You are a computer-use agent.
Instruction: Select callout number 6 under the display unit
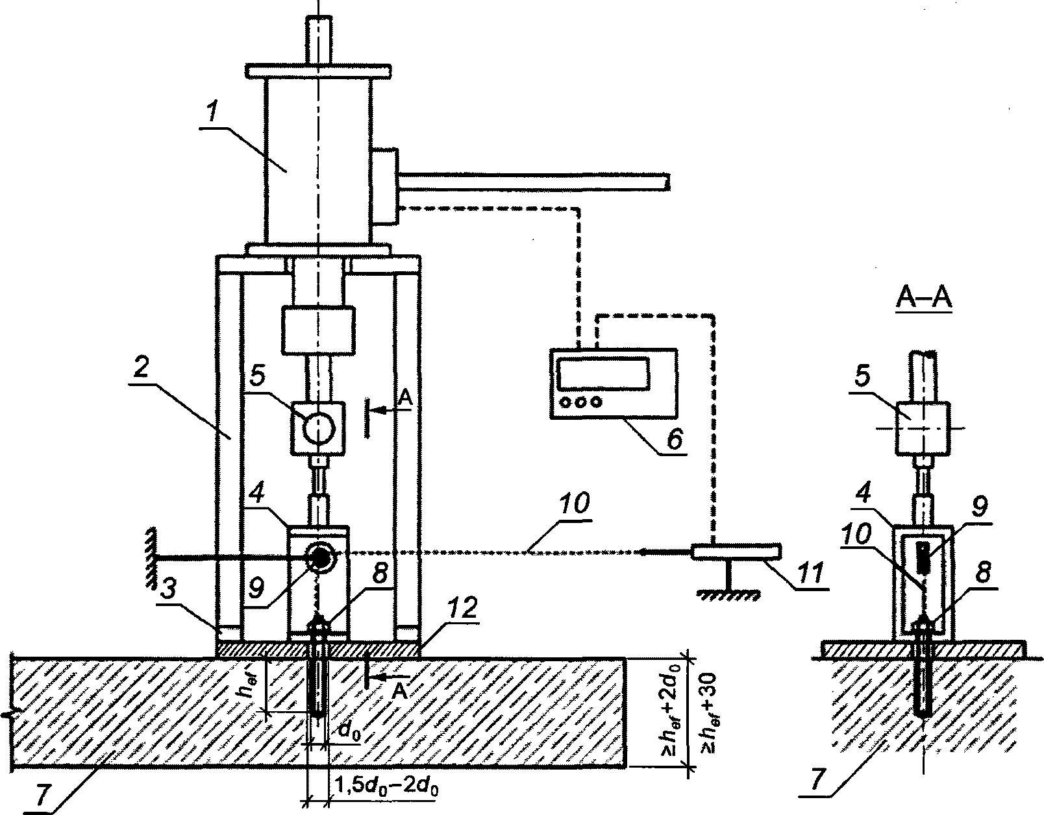[675, 439]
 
